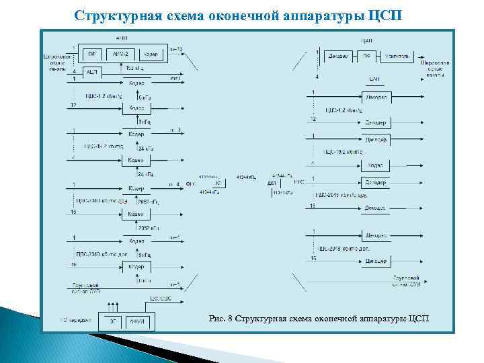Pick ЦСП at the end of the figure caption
(417, 318)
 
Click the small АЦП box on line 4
(91, 71)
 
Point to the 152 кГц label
(134, 67)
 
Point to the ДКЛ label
(271, 183)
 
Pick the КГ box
(218, 183)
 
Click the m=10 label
(175, 49)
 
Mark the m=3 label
(176, 129)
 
